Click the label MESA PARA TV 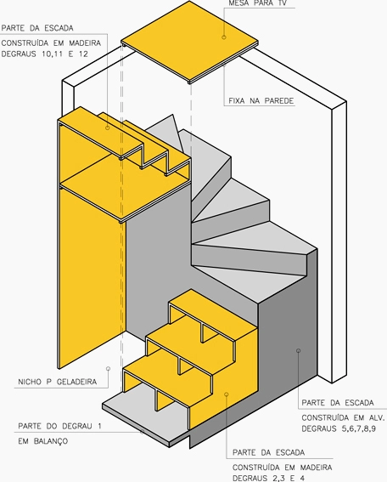258,3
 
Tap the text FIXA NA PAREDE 261,101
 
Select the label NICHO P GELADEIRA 58,382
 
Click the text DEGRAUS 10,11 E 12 45,54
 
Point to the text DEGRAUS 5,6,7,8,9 339,428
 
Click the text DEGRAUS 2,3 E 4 268,478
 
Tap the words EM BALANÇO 43,441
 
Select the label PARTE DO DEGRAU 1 59,426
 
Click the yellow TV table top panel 189,41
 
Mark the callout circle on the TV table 224,37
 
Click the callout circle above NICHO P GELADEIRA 108,368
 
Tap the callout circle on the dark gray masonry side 298,350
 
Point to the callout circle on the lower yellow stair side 227,394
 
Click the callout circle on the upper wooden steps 108,128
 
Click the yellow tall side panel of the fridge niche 92,276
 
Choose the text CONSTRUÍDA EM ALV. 343,417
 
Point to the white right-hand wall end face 339,242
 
